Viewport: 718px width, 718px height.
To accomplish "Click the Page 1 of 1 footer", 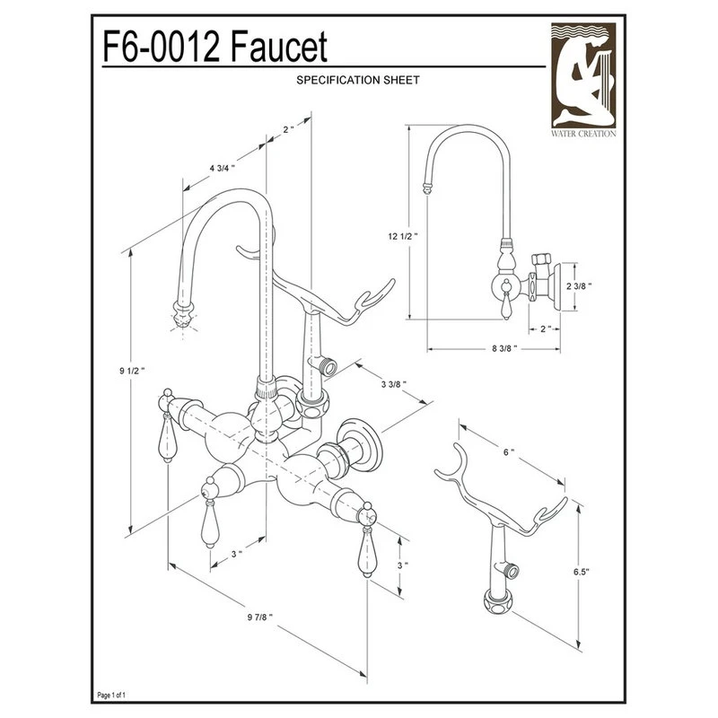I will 118,696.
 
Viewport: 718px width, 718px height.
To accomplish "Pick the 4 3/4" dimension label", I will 222,168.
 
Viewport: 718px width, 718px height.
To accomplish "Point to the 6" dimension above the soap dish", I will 509,453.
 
